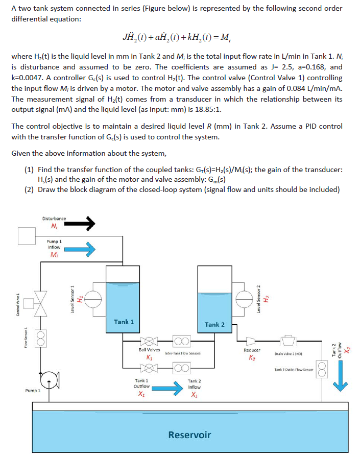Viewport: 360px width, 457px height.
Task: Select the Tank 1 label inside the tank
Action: pos(124,322)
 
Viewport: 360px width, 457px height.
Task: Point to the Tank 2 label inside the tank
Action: pos(215,324)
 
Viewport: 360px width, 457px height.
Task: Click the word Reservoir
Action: pos(189,435)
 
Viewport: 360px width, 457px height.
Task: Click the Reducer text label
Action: pos(252,350)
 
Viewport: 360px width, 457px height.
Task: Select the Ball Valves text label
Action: pos(149,350)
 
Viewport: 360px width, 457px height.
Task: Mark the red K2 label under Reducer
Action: pos(252,356)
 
